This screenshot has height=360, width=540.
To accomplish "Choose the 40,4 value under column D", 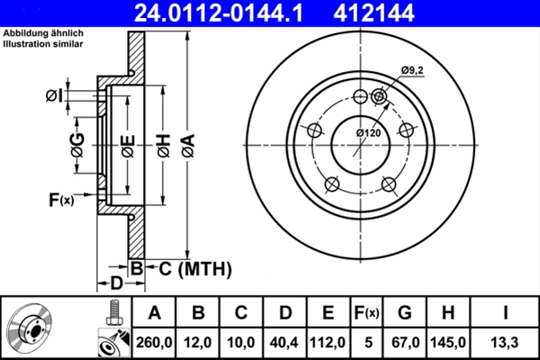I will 285,342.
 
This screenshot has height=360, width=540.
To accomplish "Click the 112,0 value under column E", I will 328,342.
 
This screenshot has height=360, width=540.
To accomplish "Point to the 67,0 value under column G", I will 405,342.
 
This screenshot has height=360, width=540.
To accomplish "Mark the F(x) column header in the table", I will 366,313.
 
